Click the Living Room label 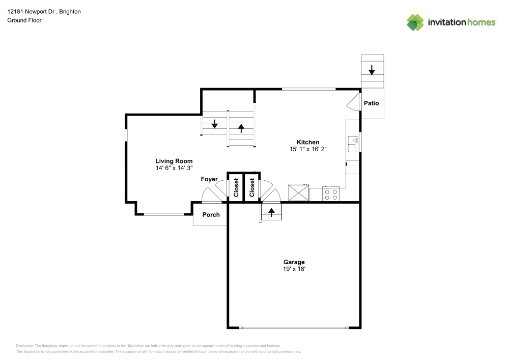[x=174, y=161]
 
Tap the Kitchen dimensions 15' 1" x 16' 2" [x=308, y=149]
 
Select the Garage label [x=294, y=262]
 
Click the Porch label [x=211, y=214]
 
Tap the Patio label [x=371, y=103]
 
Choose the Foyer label [x=209, y=179]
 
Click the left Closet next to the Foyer [x=236, y=187]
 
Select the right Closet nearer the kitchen [x=252, y=187]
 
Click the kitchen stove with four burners [x=331, y=193]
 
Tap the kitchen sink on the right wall [x=353, y=144]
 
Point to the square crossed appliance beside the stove [x=298, y=192]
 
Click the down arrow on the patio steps [x=372, y=70]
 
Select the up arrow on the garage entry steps [x=272, y=212]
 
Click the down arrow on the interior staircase [x=215, y=124]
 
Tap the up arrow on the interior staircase [x=241, y=128]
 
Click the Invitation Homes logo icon [x=415, y=22]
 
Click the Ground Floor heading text [x=24, y=20]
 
